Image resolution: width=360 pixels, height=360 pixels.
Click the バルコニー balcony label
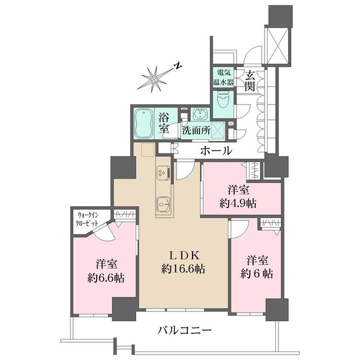[184, 331]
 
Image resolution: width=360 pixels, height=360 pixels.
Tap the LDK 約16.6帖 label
[183, 262]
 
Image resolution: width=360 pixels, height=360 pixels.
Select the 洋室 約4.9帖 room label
[238, 197]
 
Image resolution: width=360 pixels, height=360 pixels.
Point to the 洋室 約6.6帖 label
[106, 271]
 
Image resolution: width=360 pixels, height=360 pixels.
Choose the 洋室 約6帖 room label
[257, 267]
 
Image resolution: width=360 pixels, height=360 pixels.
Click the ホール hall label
[216, 151]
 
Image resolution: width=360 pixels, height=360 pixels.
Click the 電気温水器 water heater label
[223, 77]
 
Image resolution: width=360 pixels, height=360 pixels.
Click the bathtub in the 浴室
[143, 123]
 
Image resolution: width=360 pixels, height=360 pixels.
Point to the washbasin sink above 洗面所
[199, 115]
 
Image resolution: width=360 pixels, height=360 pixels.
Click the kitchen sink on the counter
[163, 205]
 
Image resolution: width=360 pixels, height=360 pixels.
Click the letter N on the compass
[178, 66]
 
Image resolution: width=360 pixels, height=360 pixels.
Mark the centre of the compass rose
[154, 79]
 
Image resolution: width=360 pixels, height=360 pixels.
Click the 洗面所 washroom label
[196, 131]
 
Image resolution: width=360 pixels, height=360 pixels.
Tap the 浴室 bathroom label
[164, 124]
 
